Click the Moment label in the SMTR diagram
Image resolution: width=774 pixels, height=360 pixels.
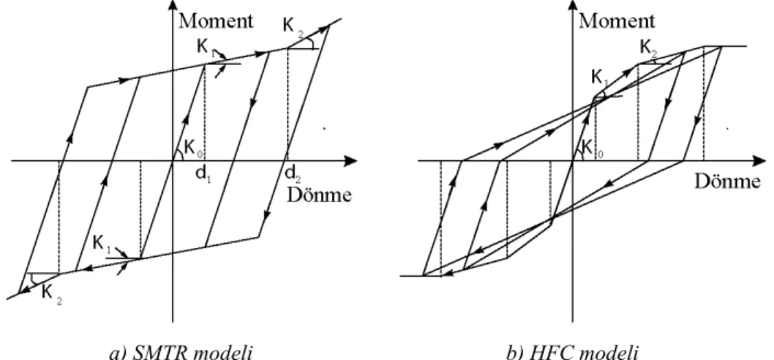217,21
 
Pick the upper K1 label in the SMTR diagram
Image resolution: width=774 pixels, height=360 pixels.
204,48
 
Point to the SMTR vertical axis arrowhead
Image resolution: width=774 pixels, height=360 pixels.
172,6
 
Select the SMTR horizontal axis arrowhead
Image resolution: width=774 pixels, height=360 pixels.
350,160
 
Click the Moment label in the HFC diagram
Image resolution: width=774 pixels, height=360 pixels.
617,21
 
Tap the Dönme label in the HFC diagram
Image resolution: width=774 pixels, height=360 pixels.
728,181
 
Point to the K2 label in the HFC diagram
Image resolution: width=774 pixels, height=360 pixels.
649,48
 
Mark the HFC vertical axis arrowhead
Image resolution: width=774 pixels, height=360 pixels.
573,6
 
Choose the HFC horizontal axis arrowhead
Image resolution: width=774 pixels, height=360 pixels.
759,160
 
